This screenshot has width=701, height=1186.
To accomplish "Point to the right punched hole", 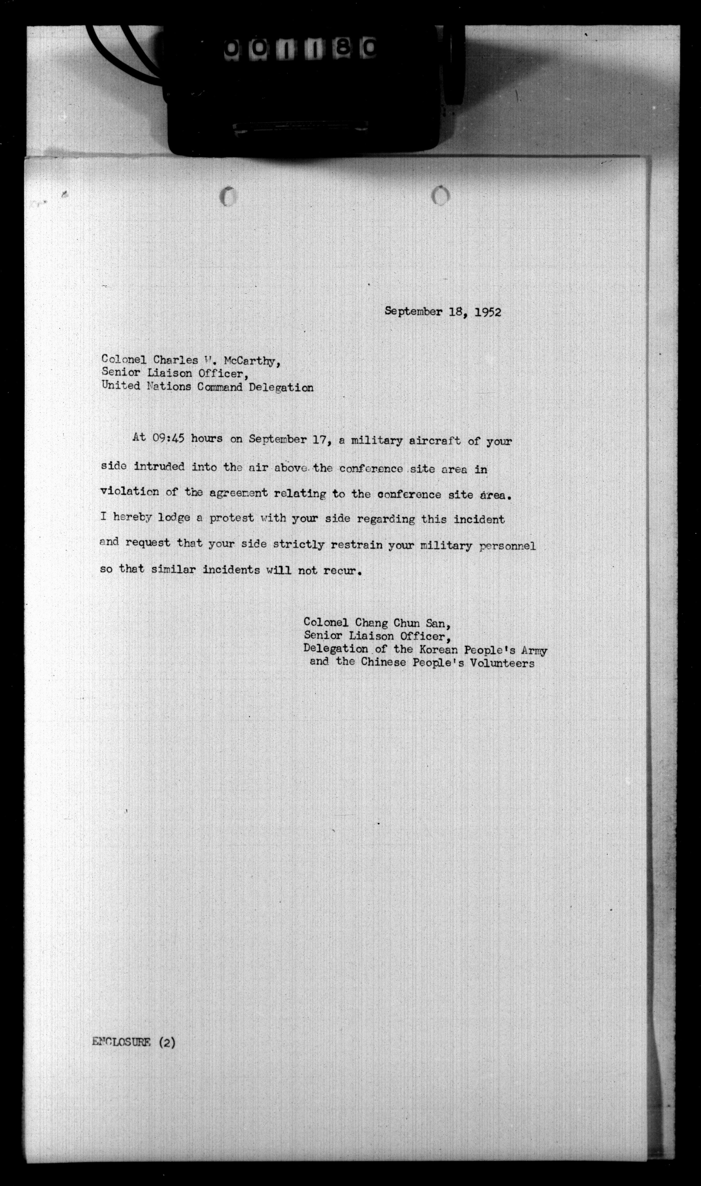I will (440, 195).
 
